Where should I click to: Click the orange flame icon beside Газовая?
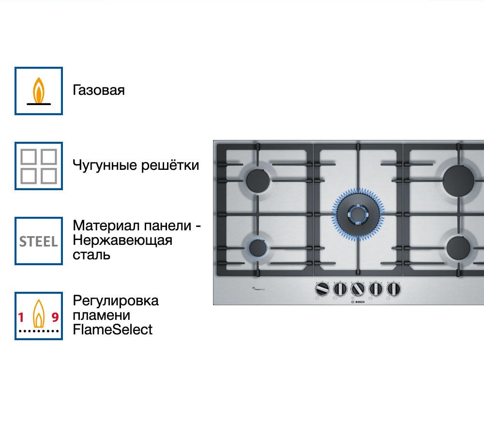point(39,90)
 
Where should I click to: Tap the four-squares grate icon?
point(39,165)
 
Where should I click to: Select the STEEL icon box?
point(39,241)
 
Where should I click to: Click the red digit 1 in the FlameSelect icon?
point(21,317)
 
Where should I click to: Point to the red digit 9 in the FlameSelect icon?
point(55,317)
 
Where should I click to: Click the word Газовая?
point(99,90)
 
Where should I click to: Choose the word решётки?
point(170,165)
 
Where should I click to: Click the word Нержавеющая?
point(122,241)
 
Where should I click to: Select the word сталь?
point(91,255)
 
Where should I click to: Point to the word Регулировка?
point(116,301)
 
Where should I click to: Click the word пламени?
point(101,315)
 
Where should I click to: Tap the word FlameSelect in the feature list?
point(112,330)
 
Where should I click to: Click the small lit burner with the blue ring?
point(257,248)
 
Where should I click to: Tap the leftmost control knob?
point(321,289)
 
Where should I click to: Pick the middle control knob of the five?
point(357,289)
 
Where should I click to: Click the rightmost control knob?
point(393,289)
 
